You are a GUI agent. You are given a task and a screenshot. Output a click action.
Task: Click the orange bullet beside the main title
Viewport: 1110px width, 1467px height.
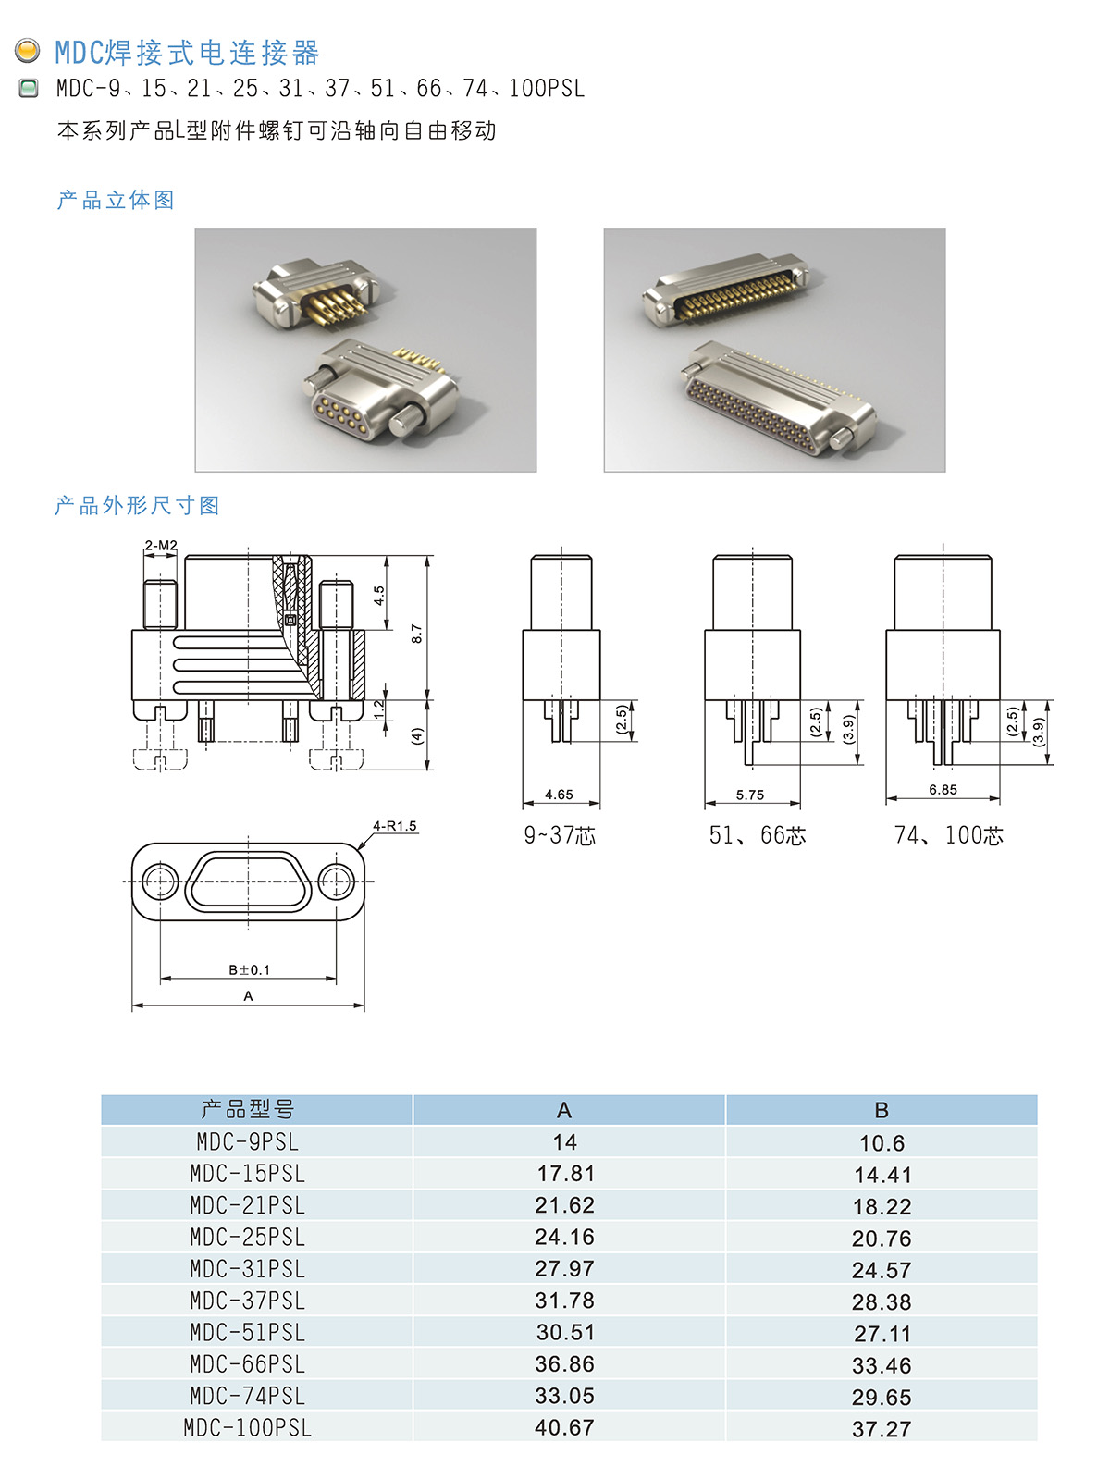28,51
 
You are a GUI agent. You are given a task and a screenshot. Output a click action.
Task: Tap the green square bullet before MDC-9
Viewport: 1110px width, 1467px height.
28,88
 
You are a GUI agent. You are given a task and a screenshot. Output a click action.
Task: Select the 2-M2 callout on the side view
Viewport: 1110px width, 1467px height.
160,546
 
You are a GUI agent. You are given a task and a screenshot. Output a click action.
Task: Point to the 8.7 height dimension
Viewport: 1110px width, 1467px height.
416,634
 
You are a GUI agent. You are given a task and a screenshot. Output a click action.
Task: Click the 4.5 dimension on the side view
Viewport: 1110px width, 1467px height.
379,595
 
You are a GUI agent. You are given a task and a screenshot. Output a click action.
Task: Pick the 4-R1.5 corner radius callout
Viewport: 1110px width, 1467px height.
394,826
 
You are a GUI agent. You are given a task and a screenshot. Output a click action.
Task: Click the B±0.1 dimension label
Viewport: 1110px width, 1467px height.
249,969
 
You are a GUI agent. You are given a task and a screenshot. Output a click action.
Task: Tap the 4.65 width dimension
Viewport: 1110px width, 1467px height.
559,795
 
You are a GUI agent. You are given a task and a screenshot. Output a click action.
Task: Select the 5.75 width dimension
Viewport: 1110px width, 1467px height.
750,795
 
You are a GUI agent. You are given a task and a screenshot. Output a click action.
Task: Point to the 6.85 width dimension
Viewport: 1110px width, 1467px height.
943,790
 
